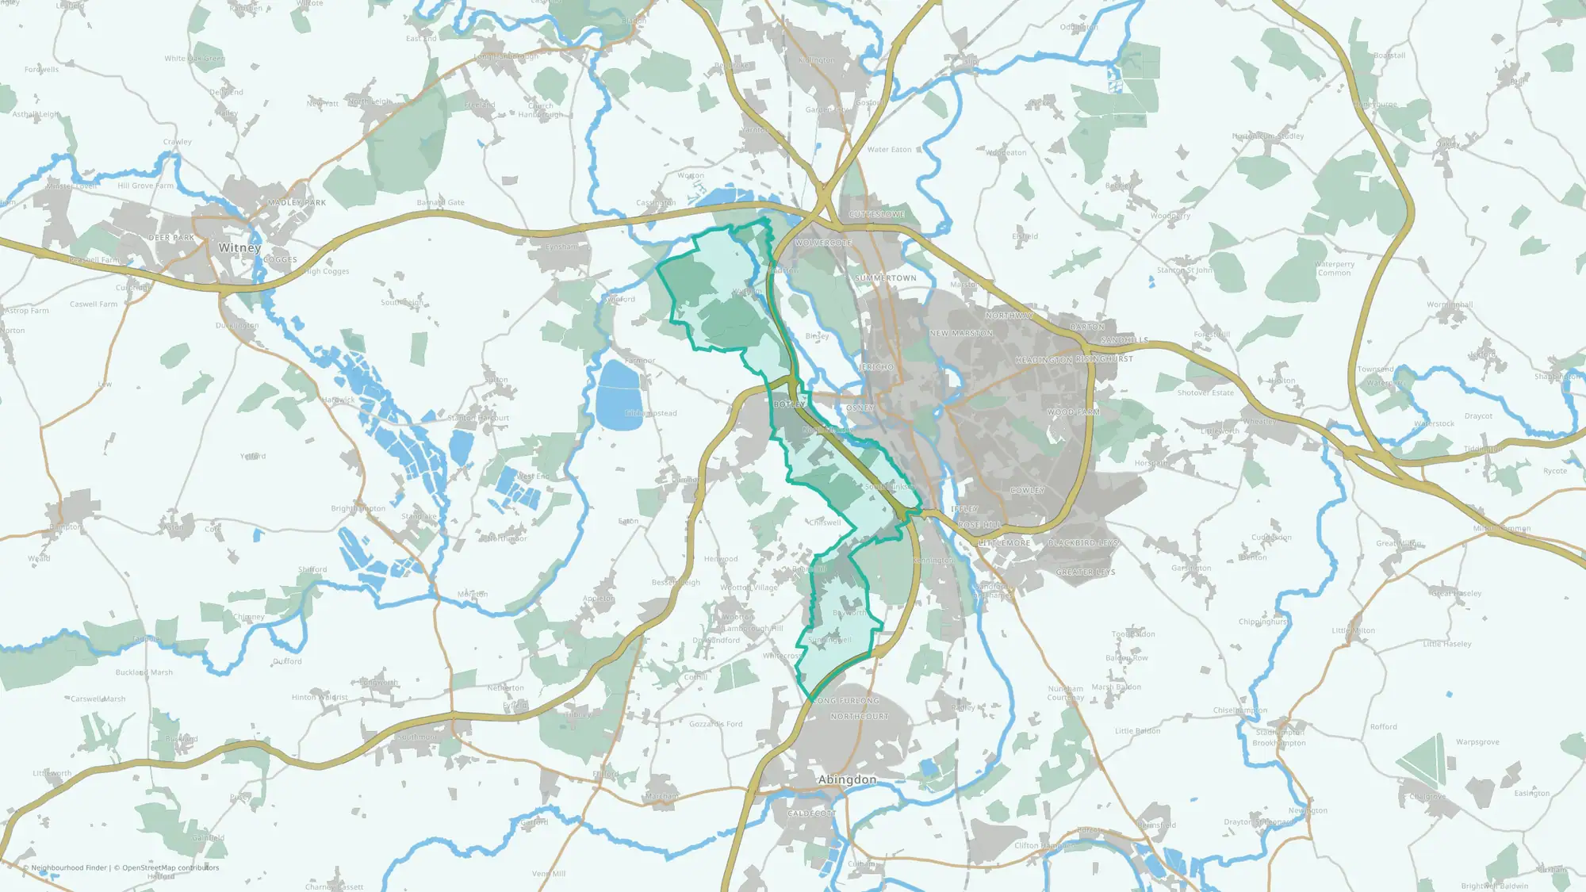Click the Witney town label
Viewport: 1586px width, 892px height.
tap(239, 247)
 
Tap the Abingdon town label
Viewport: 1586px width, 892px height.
tap(847, 779)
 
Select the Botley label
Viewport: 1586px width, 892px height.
tap(789, 404)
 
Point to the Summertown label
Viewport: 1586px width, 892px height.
tap(885, 278)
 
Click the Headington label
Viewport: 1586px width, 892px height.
tap(1044, 360)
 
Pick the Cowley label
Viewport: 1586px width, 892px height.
tap(1027, 491)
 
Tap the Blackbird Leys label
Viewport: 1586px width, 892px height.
tap(1083, 543)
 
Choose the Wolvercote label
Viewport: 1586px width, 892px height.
tap(823, 243)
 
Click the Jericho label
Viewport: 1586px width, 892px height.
tap(876, 367)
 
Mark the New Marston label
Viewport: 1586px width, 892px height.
tap(961, 334)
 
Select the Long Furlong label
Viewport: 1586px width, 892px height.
tap(846, 701)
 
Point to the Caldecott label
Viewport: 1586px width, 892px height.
tap(811, 814)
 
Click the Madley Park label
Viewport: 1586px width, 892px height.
tap(297, 202)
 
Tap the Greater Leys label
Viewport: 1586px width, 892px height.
tap(1086, 572)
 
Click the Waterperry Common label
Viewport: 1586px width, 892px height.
tap(1335, 269)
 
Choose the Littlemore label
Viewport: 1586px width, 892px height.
tap(1005, 543)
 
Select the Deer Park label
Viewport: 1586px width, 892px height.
tap(171, 238)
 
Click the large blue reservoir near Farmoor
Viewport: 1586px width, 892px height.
tap(619, 395)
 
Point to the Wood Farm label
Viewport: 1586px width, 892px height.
tap(1073, 412)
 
